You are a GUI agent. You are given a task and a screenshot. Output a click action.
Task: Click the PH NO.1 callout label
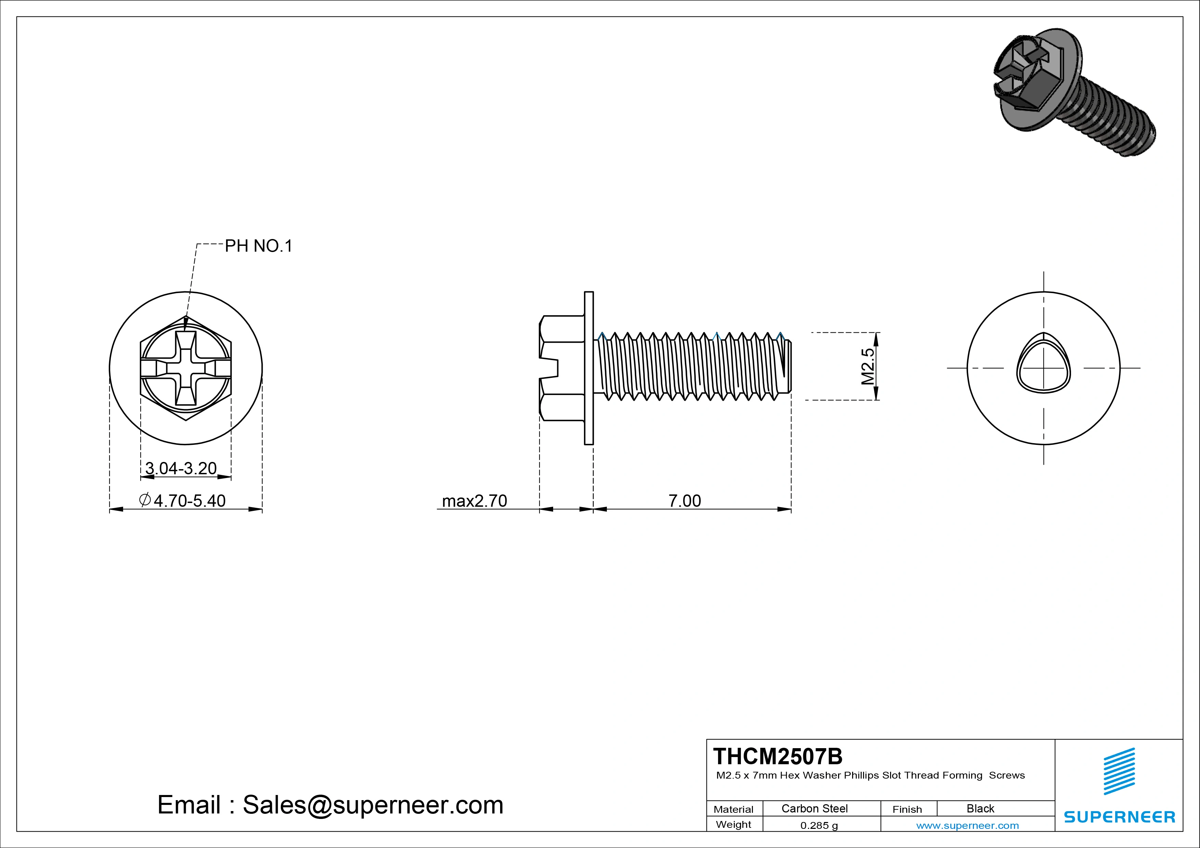click(x=258, y=246)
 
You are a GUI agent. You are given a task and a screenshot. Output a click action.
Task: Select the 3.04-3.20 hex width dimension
click(x=181, y=468)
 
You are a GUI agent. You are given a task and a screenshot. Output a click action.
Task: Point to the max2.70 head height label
click(x=474, y=501)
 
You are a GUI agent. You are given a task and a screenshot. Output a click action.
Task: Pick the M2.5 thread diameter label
click(x=868, y=366)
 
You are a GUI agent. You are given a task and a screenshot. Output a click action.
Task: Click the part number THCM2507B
click(x=778, y=756)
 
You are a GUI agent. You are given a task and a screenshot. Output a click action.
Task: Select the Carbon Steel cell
click(x=814, y=808)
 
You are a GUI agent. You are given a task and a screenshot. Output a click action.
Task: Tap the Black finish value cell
click(x=980, y=808)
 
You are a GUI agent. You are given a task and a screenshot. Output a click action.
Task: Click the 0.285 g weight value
click(x=819, y=825)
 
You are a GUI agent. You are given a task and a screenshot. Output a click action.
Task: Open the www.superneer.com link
click(x=967, y=825)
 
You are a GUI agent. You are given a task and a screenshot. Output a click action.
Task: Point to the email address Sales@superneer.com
click(x=373, y=805)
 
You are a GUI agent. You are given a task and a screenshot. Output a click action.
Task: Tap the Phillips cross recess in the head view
click(x=185, y=368)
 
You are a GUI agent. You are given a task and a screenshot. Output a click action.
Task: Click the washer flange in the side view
click(x=588, y=368)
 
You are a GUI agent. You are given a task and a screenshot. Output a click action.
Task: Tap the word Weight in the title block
click(x=733, y=824)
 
